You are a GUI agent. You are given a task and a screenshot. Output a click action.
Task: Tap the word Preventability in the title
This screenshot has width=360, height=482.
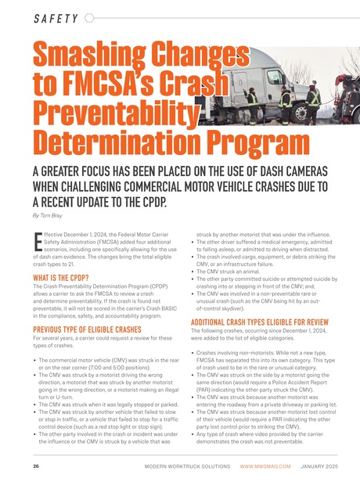coord(102,115)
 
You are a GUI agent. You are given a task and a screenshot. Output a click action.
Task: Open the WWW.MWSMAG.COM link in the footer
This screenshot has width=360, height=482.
coord(265,466)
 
